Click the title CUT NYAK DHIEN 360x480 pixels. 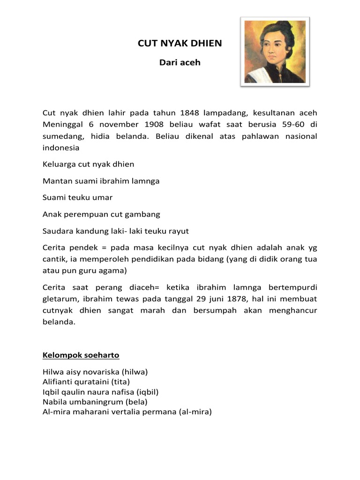coord(180,44)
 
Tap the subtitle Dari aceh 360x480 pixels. coord(180,62)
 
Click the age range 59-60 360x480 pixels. coord(293,124)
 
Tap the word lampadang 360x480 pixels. coord(225,113)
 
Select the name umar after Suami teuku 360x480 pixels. coord(103,197)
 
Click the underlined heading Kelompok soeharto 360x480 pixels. coord(81,355)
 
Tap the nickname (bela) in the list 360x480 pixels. coord(136,402)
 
